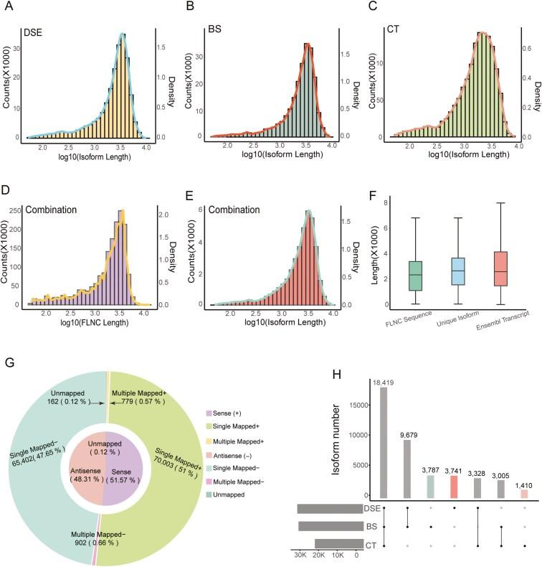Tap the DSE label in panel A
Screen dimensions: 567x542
[34, 32]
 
